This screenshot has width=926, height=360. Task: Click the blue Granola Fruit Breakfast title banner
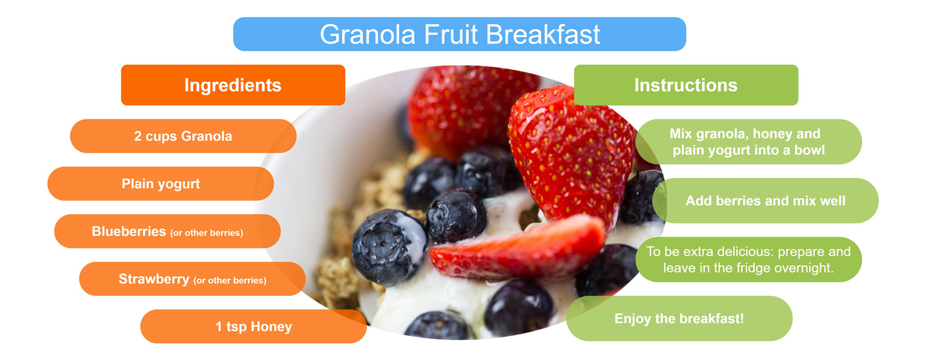(x=459, y=34)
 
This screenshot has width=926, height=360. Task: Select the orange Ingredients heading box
(x=233, y=85)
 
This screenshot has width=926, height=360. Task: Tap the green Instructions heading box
(x=686, y=85)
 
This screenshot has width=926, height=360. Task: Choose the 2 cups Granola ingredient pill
(x=183, y=136)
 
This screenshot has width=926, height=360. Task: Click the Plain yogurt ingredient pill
(x=161, y=184)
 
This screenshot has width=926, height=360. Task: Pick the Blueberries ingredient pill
(x=167, y=231)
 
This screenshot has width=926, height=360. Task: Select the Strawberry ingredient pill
(x=192, y=279)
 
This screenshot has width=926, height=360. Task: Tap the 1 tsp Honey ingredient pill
(x=254, y=327)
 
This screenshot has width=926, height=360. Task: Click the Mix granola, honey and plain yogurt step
(x=749, y=141)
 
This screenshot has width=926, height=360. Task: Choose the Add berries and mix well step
(x=765, y=201)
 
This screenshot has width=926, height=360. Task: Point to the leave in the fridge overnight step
(x=749, y=259)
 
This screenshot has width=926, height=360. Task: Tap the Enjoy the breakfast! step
(x=679, y=318)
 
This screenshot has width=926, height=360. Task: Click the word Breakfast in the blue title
(x=543, y=34)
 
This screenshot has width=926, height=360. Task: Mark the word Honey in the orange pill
(x=271, y=327)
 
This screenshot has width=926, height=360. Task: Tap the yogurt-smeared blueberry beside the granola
(x=388, y=247)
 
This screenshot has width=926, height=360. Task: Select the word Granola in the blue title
(x=367, y=34)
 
